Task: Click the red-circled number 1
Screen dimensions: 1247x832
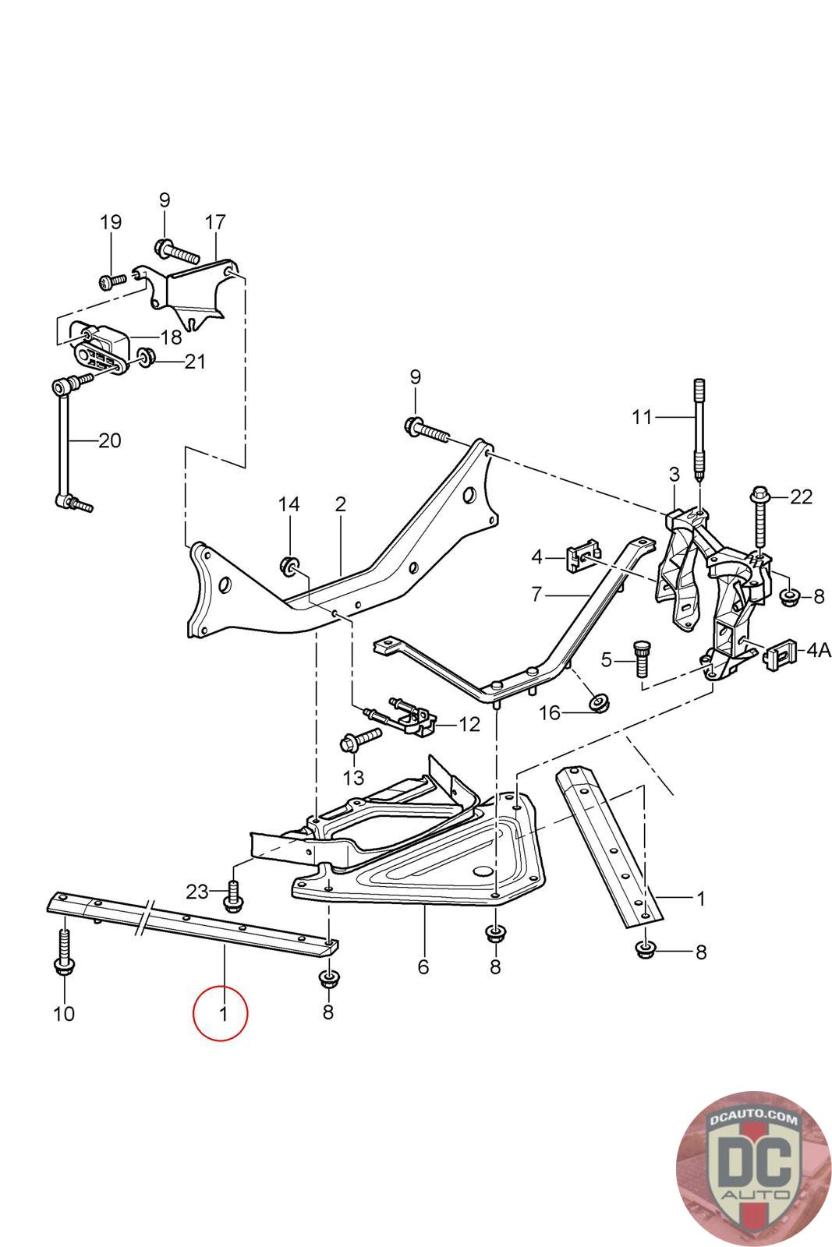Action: pos(222,1014)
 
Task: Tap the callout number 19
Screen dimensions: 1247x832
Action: pos(111,222)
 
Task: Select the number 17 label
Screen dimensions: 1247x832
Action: pos(214,222)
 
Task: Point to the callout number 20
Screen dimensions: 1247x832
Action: pos(110,440)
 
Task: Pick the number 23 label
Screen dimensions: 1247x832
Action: pos(197,890)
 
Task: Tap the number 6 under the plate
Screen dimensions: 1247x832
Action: pos(423,967)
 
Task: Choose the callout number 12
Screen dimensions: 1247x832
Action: pos(469,724)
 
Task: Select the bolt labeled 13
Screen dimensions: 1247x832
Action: pos(358,739)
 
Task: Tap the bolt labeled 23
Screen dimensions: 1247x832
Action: pos(232,896)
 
